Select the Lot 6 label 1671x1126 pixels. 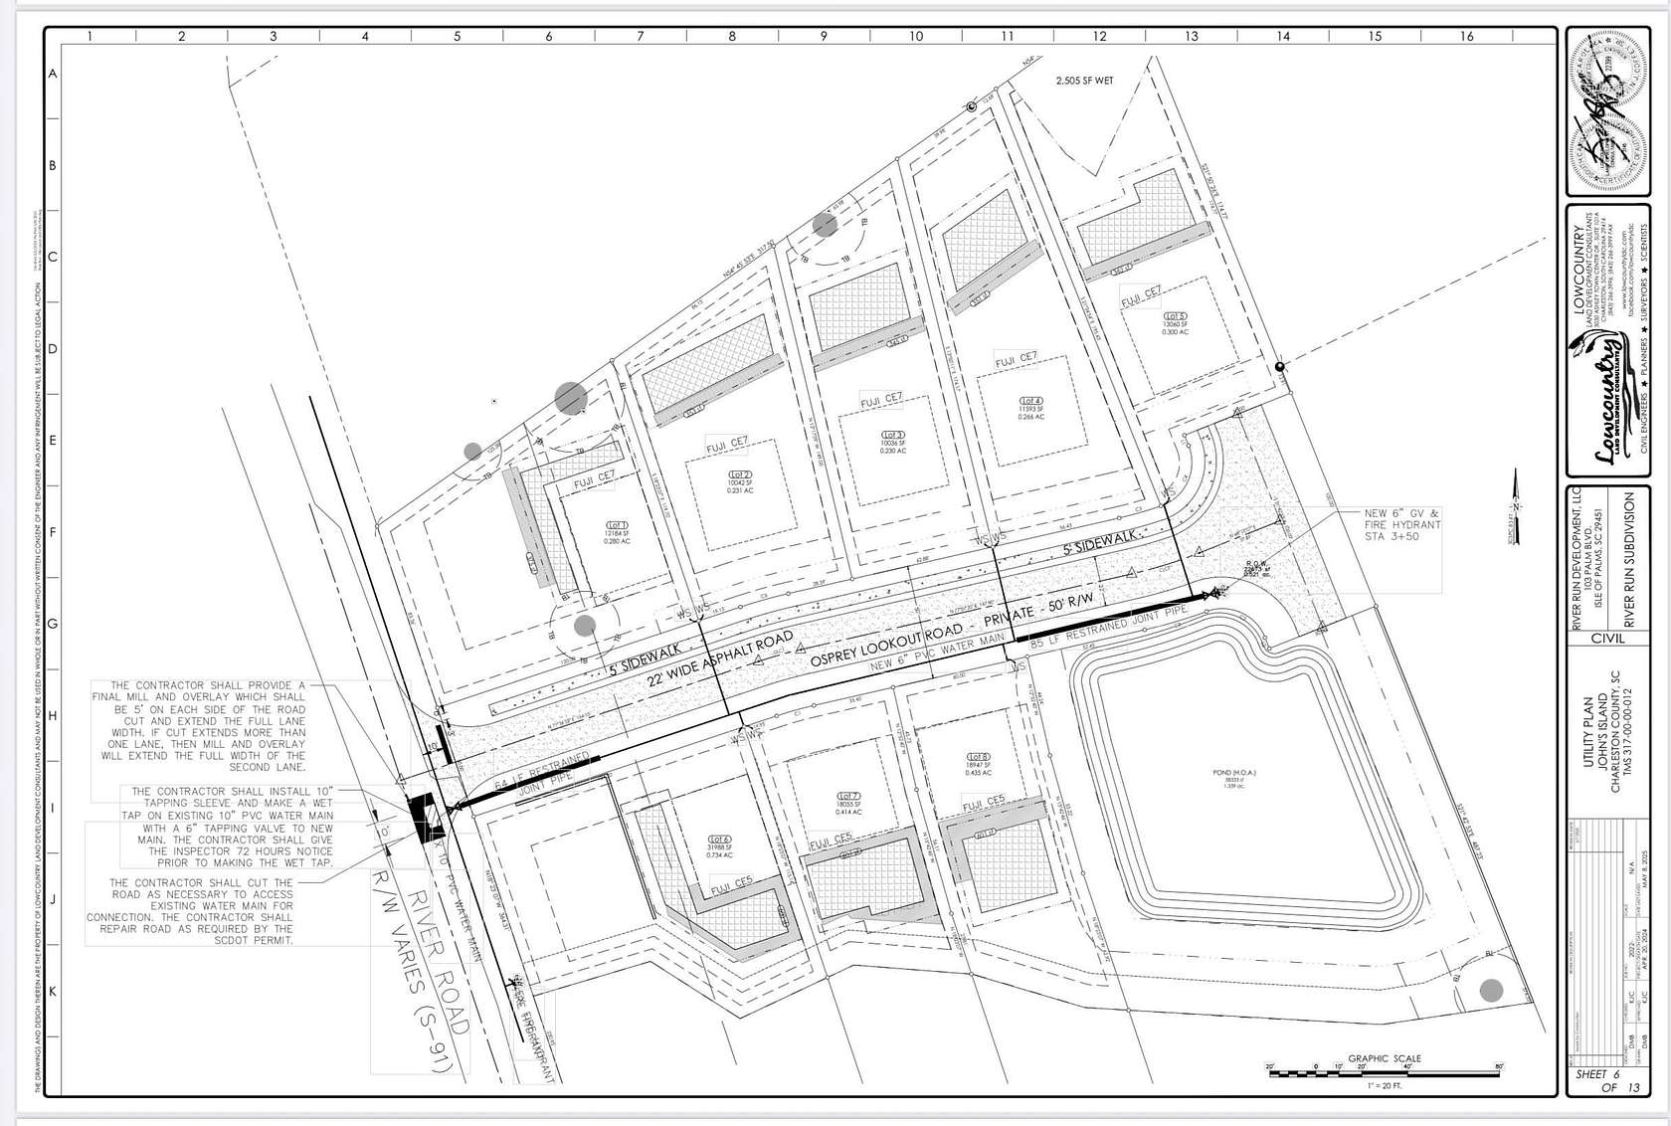pyautogui.click(x=720, y=839)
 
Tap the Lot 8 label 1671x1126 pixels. pyautogui.click(x=979, y=757)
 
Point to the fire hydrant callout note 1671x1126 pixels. pyautogui.click(x=1401, y=524)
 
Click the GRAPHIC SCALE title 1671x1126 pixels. pyautogui.click(x=1384, y=1058)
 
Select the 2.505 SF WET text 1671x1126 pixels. pyautogui.click(x=1084, y=81)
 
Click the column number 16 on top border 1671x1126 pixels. pyautogui.click(x=1467, y=37)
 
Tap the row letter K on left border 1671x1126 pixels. pyautogui.click(x=54, y=992)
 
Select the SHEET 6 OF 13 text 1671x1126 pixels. pyautogui.click(x=1606, y=1080)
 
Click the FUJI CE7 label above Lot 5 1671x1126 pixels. pyautogui.click(x=1141, y=295)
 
